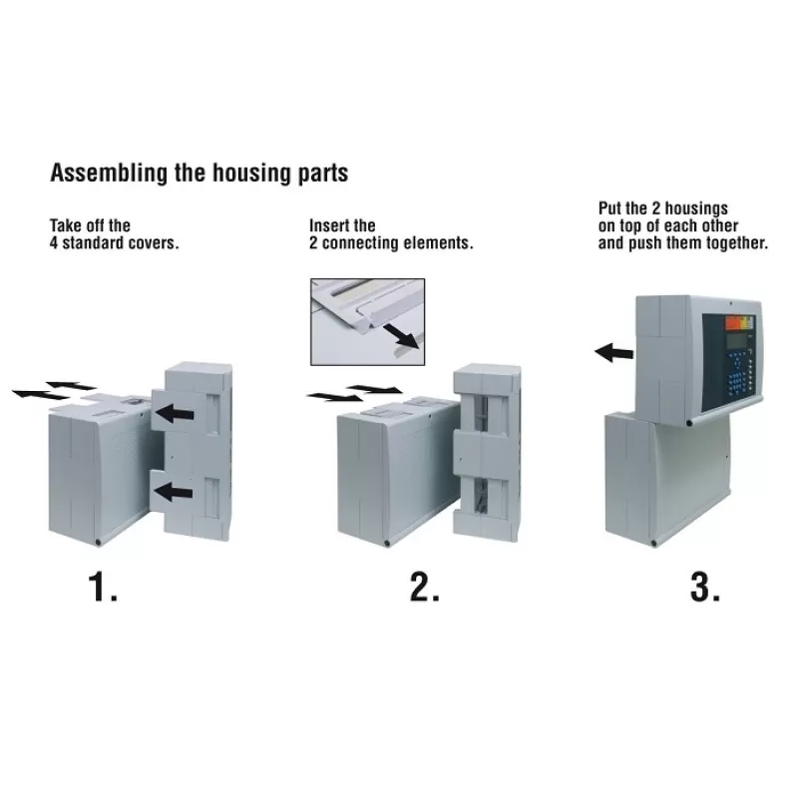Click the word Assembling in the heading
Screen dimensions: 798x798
coord(109,173)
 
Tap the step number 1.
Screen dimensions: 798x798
coord(103,588)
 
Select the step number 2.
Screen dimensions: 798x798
coord(425,588)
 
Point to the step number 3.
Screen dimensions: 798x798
coord(705,588)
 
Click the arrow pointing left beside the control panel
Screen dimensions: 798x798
coord(614,352)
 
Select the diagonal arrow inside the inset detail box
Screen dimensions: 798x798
coord(401,336)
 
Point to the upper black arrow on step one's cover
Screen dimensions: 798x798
coord(174,413)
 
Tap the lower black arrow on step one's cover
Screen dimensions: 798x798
coord(174,492)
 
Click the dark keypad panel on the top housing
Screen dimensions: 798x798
coord(729,362)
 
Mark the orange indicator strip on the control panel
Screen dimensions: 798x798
coord(733,322)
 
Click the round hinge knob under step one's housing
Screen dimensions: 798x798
coord(98,543)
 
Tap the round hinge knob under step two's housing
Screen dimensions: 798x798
coord(387,543)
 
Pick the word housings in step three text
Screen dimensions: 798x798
coord(696,208)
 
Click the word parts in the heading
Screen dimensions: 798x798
coord(323,174)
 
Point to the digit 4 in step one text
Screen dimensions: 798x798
coord(54,242)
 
